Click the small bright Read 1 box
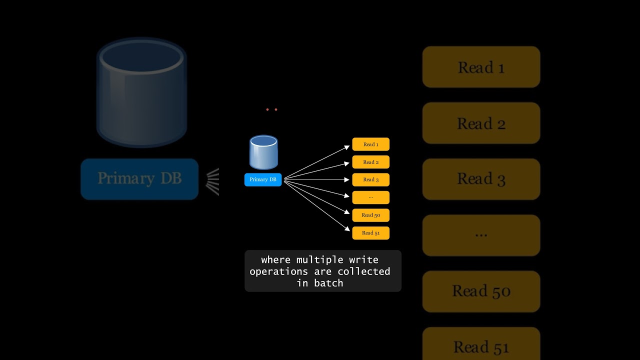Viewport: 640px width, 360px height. coord(370,144)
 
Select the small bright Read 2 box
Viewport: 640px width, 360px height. coord(370,162)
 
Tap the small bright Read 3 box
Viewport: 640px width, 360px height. coord(370,179)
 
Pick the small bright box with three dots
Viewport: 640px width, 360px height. coord(370,197)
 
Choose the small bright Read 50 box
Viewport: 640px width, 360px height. coord(370,215)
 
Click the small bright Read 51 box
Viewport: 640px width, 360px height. coord(370,233)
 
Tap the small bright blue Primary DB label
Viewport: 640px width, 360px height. coord(263,179)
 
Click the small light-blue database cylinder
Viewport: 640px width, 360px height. coord(263,152)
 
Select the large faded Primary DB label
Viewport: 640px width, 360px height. coord(139,179)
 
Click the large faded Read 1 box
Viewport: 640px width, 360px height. coord(481,67)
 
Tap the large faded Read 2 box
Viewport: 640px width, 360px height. coord(481,123)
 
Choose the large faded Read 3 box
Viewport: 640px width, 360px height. coord(481,179)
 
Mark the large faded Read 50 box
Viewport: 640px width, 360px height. coord(481,291)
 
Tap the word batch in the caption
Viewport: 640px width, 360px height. coord(328,283)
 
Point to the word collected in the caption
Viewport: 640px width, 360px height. coord(363,271)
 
